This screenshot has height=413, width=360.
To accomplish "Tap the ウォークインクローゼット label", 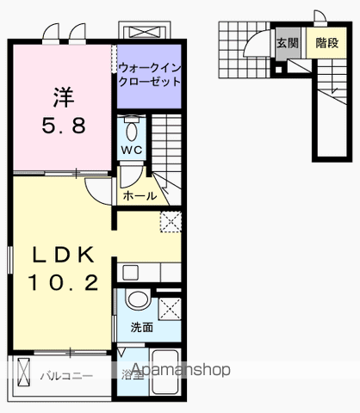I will [149, 75].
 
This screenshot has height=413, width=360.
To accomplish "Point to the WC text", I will [131, 150].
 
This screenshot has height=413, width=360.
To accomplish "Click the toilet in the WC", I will [131, 131].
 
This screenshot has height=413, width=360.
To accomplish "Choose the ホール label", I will [140, 195].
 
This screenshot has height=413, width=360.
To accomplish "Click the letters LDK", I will [62, 255].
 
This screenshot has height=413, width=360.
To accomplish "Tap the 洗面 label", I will [141, 328].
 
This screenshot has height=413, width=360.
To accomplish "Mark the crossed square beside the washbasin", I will [169, 307].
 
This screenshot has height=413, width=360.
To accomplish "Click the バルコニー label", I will [65, 375].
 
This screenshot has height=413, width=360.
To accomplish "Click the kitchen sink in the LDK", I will [130, 274].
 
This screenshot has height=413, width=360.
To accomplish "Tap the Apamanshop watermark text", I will [180, 371].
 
